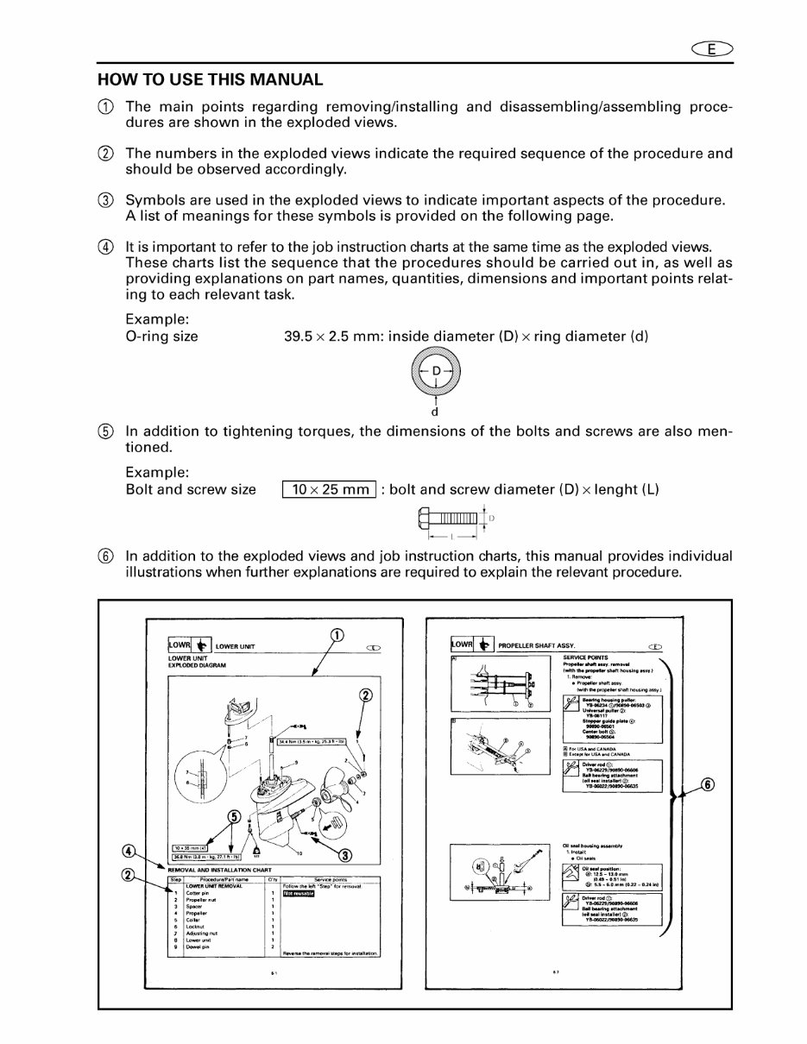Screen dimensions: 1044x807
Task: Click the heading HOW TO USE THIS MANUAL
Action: pyautogui.click(x=211, y=80)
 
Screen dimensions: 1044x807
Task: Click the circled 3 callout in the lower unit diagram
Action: pyautogui.click(x=344, y=855)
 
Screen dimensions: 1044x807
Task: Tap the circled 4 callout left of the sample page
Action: pyautogui.click(x=128, y=851)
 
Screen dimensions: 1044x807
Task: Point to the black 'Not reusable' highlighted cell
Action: pyautogui.click(x=298, y=892)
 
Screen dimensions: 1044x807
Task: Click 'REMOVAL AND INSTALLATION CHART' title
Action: pyautogui.click(x=218, y=871)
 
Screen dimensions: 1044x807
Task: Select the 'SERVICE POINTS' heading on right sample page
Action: pyautogui.click(x=578, y=657)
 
